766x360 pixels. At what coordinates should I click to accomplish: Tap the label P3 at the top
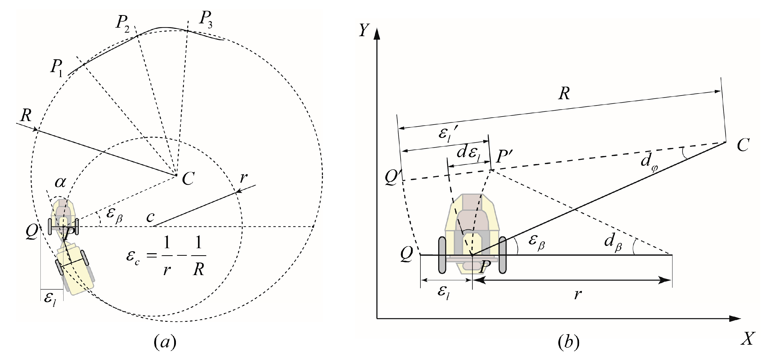(206, 19)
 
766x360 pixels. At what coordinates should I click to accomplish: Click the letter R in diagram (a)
(26, 115)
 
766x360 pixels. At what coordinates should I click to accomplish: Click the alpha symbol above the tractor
(60, 182)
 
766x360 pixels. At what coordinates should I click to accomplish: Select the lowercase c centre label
(150, 217)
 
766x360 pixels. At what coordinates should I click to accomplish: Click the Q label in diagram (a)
(32, 232)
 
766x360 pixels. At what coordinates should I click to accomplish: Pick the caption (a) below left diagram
(165, 342)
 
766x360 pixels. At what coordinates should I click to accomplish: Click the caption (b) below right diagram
(568, 342)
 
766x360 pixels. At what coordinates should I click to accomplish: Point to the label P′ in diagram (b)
(504, 157)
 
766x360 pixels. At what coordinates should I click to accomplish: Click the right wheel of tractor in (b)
(502, 255)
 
